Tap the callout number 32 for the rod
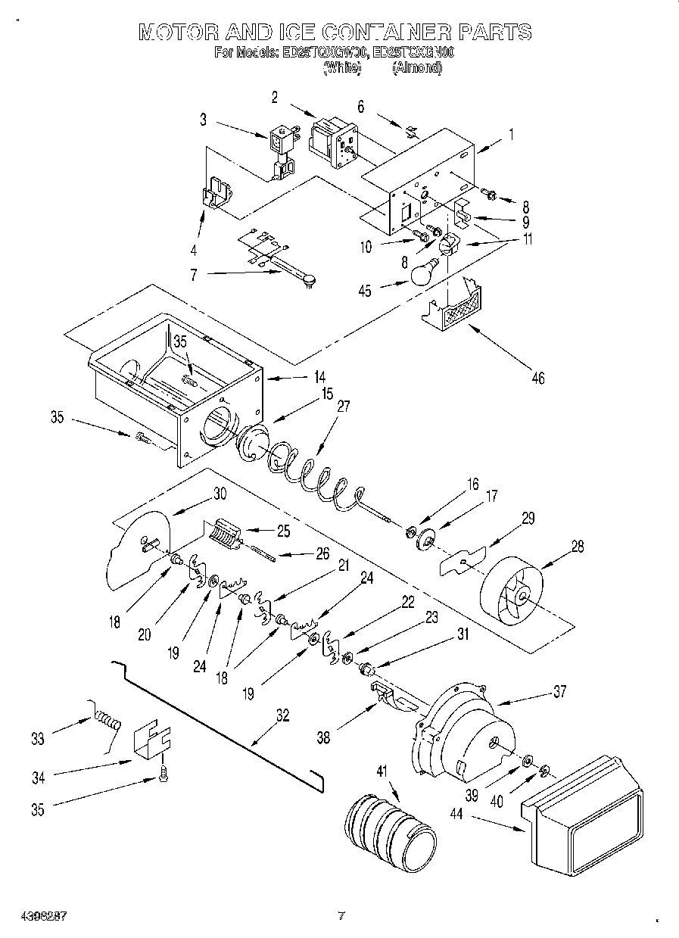pyautogui.click(x=282, y=714)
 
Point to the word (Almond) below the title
pyautogui.click(x=416, y=67)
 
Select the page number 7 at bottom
pyautogui.click(x=341, y=916)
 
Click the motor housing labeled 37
pyautogui.click(x=462, y=734)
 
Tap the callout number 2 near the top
pyautogui.click(x=274, y=96)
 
